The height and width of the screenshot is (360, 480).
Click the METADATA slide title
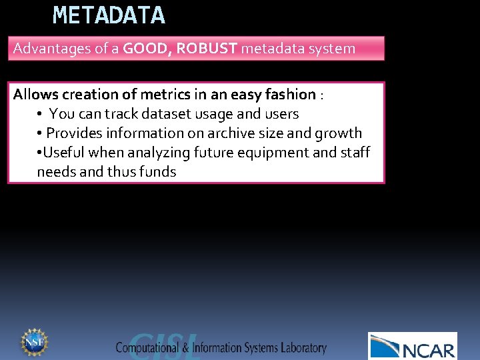109,15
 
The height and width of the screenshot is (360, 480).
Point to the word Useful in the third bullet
64,153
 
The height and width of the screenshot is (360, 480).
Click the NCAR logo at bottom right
413,346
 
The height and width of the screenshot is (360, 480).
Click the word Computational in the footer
153,348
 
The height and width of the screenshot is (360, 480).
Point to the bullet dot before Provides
41,133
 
